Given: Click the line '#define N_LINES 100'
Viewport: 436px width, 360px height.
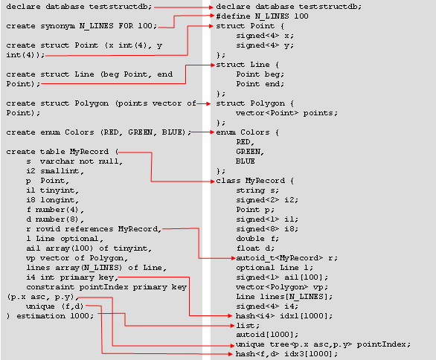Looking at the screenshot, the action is [262, 16].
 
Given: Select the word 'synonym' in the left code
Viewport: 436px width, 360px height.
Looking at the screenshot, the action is [57, 26].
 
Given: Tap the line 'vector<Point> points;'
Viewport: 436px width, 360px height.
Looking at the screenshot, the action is [286, 113].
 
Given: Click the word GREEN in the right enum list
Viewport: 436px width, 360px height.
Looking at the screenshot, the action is [250, 152].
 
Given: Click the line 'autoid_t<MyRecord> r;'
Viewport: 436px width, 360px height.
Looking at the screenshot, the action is [286, 258].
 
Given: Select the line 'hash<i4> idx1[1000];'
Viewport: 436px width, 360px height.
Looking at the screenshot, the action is [284, 316].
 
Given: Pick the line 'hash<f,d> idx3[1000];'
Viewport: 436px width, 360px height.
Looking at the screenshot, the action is [286, 354].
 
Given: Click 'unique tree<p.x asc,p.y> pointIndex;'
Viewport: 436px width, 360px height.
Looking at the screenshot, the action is [323, 344].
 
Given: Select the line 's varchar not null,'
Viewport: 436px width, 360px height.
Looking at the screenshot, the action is [74, 161].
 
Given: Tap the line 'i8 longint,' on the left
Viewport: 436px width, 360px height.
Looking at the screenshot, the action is [53, 200].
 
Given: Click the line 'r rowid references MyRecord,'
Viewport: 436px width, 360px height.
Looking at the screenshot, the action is [94, 229].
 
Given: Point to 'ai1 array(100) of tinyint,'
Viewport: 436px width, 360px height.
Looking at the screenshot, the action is [89, 248].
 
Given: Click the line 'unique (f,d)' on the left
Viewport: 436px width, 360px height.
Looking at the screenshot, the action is [55, 306].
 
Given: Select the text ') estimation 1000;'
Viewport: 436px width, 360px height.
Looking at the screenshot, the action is [50, 316].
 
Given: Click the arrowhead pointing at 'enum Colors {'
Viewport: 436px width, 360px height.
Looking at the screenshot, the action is [212, 132].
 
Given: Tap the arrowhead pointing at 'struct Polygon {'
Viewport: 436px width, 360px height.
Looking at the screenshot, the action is [208, 103].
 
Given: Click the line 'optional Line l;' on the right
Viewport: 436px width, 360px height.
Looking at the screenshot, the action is [275, 268].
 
